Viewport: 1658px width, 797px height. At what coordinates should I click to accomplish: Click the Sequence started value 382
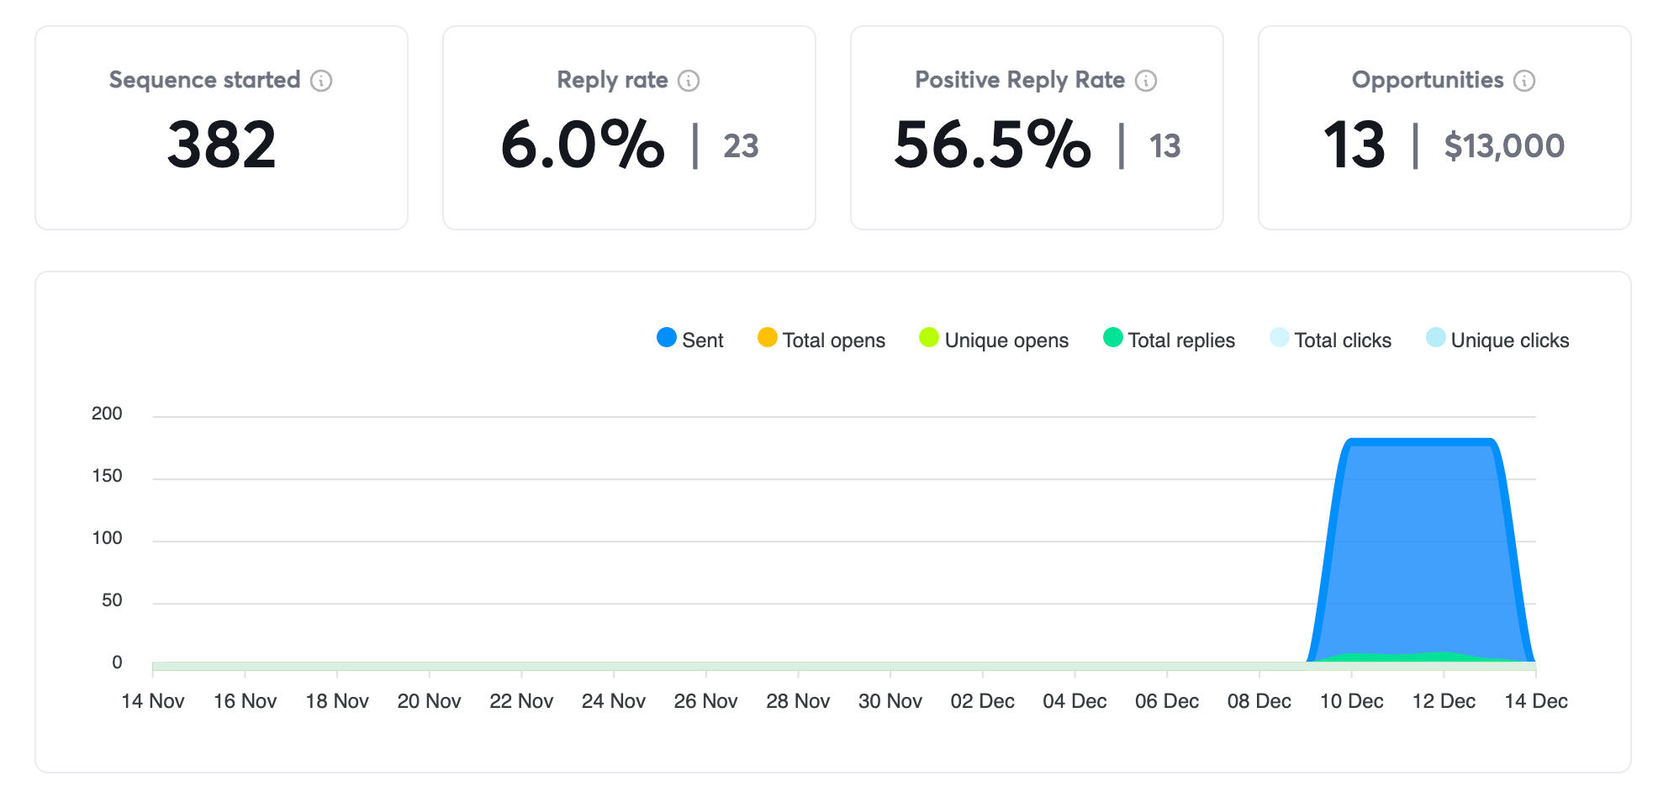click(x=221, y=145)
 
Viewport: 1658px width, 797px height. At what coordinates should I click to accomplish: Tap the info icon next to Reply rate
click(x=689, y=81)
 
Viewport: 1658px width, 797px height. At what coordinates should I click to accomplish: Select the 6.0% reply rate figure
click(x=582, y=145)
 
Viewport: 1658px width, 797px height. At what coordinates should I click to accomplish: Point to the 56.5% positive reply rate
click(x=992, y=145)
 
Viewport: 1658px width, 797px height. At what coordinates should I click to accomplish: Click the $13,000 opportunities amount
click(x=1504, y=146)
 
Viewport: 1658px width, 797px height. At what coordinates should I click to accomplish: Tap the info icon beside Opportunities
click(x=1524, y=81)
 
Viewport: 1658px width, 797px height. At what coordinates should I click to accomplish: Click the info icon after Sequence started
click(x=321, y=81)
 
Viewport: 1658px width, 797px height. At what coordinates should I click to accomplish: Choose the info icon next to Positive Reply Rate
click(x=1146, y=81)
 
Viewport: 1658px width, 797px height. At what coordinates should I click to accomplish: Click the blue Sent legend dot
click(x=667, y=338)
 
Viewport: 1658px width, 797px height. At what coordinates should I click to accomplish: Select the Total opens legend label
click(x=833, y=340)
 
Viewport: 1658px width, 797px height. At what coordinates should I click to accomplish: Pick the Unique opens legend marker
click(x=929, y=338)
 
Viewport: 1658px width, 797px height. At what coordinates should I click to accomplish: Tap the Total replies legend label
click(x=1180, y=340)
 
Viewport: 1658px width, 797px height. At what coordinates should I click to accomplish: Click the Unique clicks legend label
click(x=1509, y=340)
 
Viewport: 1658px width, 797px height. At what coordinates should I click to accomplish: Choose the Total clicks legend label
click(x=1343, y=340)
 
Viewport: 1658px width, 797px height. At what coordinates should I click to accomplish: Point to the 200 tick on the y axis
click(x=107, y=414)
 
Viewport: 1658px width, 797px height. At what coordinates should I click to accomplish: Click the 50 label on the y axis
click(x=112, y=600)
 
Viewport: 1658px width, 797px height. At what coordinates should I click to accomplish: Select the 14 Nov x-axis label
click(x=153, y=701)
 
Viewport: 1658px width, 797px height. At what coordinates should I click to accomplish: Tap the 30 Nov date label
click(x=890, y=701)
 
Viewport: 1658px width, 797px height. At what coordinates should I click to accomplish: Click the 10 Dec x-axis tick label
click(x=1351, y=701)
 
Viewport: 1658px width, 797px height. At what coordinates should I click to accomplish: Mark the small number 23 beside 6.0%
click(x=741, y=146)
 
